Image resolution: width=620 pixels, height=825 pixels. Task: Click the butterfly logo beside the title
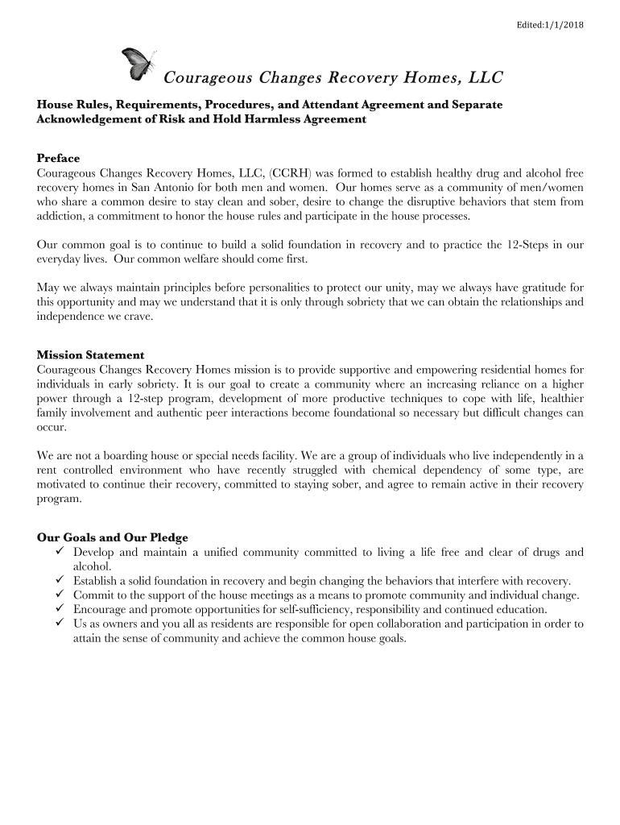(x=137, y=64)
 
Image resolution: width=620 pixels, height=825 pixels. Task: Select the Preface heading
(x=59, y=158)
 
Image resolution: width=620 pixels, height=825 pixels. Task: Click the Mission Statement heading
(x=91, y=354)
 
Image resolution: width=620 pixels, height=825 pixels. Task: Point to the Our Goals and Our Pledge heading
(x=113, y=537)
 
